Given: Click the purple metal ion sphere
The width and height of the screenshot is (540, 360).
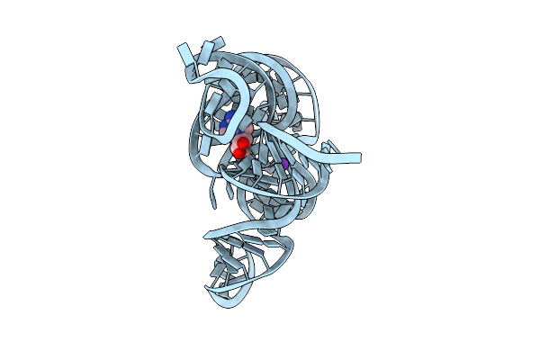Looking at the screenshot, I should pos(284,165).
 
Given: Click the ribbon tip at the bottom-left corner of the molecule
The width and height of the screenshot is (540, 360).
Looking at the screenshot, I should pos(211,288).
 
